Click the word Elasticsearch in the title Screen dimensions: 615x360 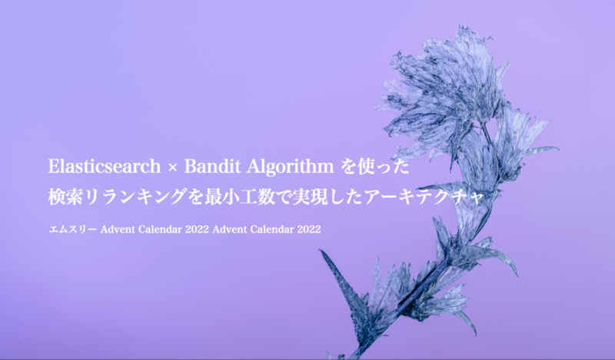[x=105, y=167]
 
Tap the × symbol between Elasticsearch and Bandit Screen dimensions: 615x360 [x=172, y=167]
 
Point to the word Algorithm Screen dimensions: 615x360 [x=291, y=167]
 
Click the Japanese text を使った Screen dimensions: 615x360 [x=375, y=167]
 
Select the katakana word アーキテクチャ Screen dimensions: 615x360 [x=424, y=197]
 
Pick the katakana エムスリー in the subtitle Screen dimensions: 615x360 [x=72, y=230]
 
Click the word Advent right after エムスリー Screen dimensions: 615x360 [x=114, y=230]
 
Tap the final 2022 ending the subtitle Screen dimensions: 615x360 [x=309, y=230]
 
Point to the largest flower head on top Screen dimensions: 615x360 [x=444, y=94]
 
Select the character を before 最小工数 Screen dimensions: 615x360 [x=196, y=197]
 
